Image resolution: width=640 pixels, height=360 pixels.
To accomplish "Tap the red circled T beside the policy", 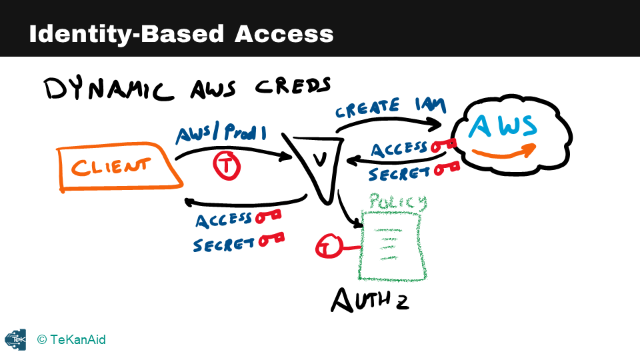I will tap(326, 247).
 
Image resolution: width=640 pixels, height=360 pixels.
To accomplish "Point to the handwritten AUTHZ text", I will tap(370, 300).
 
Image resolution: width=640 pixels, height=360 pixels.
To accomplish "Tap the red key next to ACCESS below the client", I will tap(267, 216).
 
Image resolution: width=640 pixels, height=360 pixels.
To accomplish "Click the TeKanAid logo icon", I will tap(15, 339).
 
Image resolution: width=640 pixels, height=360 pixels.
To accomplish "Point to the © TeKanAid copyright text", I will tap(71, 340).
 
